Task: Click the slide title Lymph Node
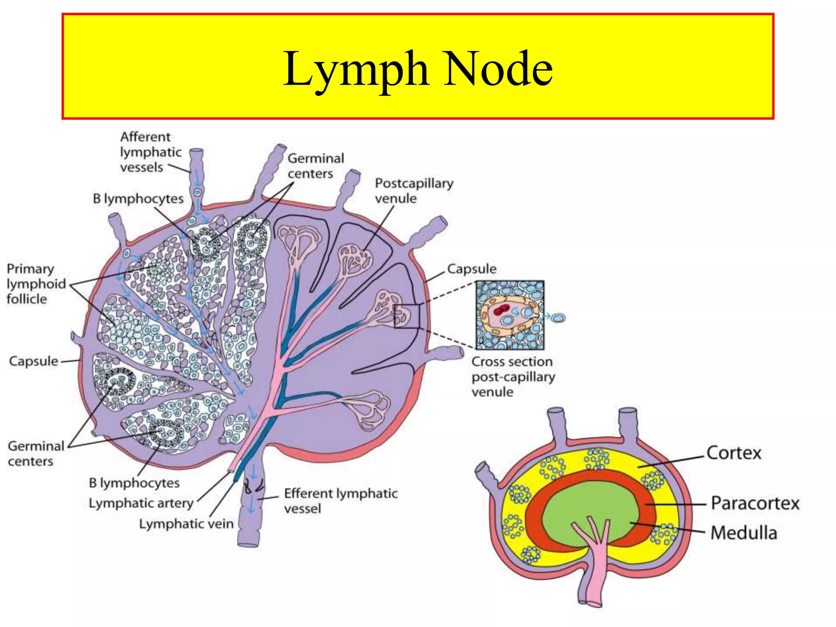point(418,68)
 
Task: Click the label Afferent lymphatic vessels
point(150,152)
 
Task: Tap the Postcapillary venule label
point(414,191)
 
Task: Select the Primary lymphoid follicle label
point(36,284)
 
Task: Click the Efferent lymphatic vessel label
point(340,501)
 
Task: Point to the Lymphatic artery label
point(141,503)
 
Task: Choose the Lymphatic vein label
point(186,524)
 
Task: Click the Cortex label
point(734,453)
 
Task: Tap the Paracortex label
point(755,503)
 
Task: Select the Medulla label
point(743,533)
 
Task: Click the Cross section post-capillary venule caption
point(513,377)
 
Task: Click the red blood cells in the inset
point(501,310)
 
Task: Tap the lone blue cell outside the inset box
point(558,317)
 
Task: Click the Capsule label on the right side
point(471,269)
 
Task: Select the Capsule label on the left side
point(33,361)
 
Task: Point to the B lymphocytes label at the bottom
point(134,483)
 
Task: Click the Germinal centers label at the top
point(316,166)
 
